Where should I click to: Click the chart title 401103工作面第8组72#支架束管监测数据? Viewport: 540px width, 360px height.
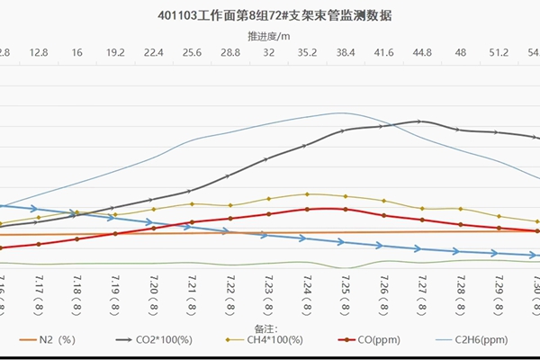(x=268, y=15)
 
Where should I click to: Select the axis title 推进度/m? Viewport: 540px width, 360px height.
(x=269, y=36)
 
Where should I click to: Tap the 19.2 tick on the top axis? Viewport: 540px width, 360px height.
(x=114, y=53)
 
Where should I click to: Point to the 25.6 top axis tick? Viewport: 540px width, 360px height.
(x=191, y=53)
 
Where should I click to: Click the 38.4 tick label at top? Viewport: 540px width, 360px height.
(x=345, y=53)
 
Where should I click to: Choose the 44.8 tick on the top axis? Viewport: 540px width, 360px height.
(x=421, y=53)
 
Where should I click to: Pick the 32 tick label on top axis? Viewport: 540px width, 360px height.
(x=268, y=53)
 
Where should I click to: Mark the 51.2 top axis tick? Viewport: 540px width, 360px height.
(x=498, y=53)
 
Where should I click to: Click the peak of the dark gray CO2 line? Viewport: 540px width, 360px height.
(x=419, y=121)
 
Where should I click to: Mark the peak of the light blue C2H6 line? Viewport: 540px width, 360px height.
(x=340, y=112)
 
